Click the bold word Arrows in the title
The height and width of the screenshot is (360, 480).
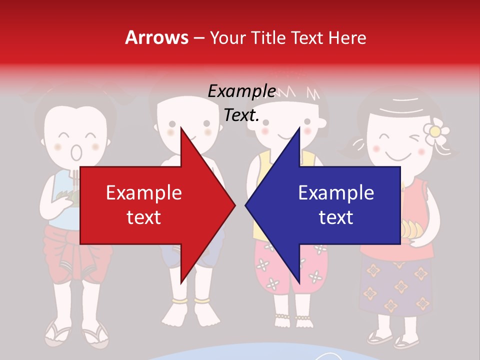(x=157, y=37)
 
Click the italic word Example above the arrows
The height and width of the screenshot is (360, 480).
(x=241, y=91)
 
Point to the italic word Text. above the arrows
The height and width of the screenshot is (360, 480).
(x=241, y=115)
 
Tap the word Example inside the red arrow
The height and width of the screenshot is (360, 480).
(x=144, y=193)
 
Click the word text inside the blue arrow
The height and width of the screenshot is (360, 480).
(x=336, y=217)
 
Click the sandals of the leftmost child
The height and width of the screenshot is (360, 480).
(x=75, y=334)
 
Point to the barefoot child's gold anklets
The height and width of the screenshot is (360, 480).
(x=190, y=301)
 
